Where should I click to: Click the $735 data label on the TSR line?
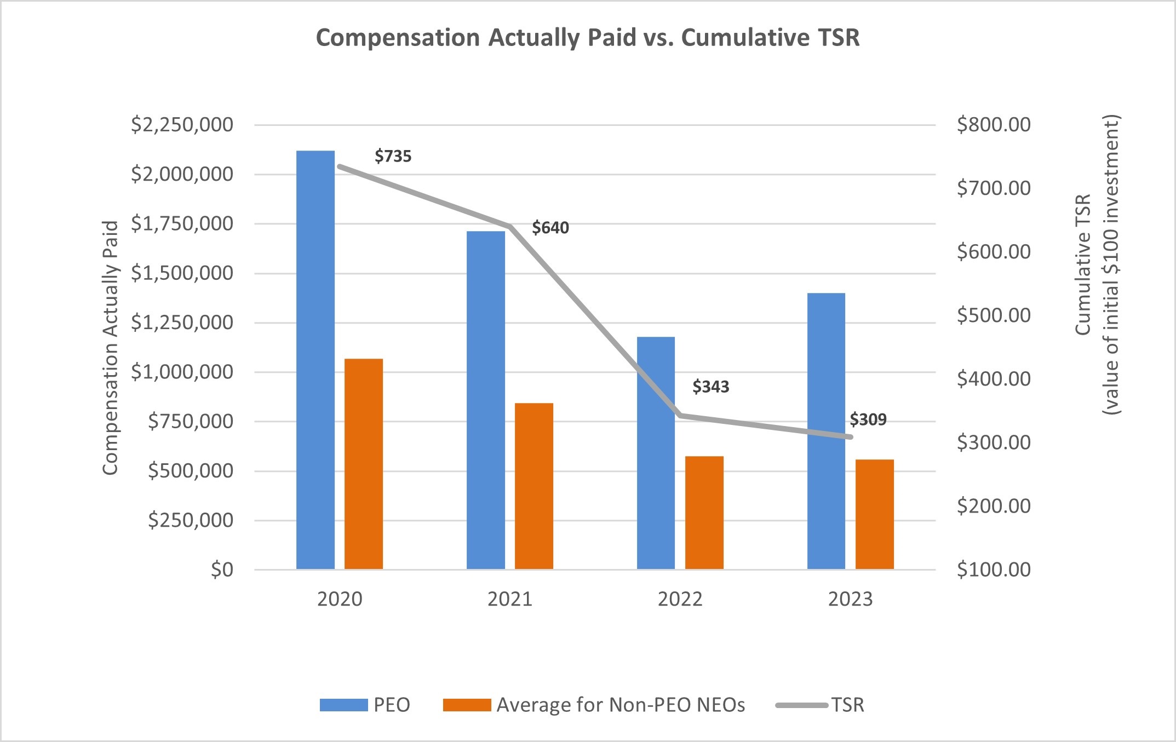[393, 157]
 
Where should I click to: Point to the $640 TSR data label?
[550, 228]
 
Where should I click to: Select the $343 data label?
[710, 387]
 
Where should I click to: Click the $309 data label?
[868, 420]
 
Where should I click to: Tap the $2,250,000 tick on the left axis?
[182, 125]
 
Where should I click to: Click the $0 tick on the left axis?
[222, 570]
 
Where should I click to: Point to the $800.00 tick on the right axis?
[993, 125]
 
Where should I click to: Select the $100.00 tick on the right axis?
[993, 570]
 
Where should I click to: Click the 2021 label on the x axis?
[509, 599]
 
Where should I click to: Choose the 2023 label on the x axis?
[850, 599]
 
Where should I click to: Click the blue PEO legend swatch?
[343, 705]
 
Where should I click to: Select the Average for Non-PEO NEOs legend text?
[621, 705]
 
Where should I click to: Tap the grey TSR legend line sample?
[801, 705]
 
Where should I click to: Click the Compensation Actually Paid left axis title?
[111, 348]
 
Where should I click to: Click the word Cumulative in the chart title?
[744, 38]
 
